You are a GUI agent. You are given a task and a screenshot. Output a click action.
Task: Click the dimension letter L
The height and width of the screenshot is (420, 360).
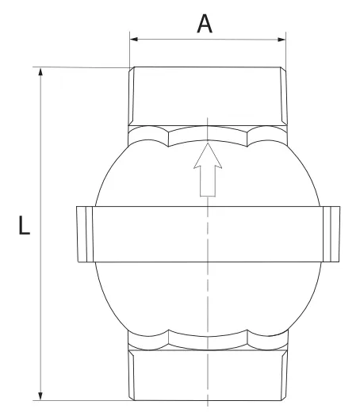point(24,227)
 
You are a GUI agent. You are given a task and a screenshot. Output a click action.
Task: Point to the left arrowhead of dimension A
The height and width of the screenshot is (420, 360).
point(134,38)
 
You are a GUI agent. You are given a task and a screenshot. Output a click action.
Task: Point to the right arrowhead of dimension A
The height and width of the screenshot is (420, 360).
point(280,38)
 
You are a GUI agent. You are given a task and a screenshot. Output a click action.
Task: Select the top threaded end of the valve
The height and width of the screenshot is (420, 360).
point(207,95)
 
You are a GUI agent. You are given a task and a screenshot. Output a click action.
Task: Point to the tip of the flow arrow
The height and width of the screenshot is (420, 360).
point(207,145)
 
